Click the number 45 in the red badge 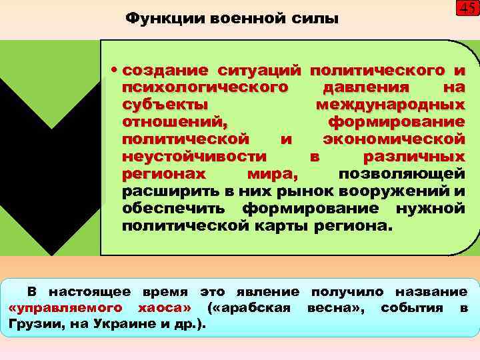467,9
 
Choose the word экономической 393,139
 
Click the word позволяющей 401,174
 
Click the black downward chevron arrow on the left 51,167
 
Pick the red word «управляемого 67,308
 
